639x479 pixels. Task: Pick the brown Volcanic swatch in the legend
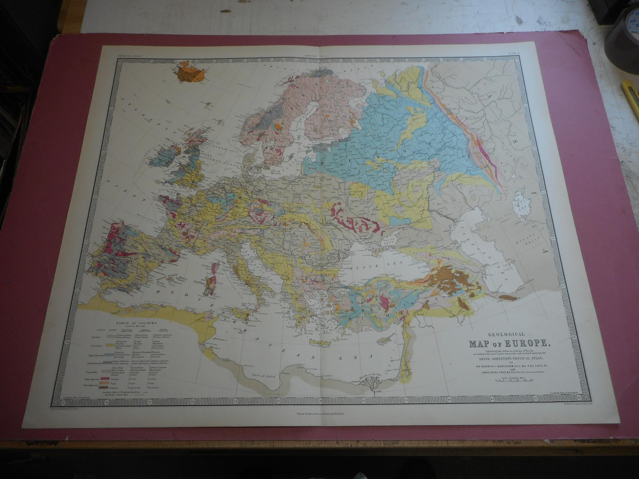pos(104,387)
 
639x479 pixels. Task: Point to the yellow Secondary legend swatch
pos(110,345)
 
